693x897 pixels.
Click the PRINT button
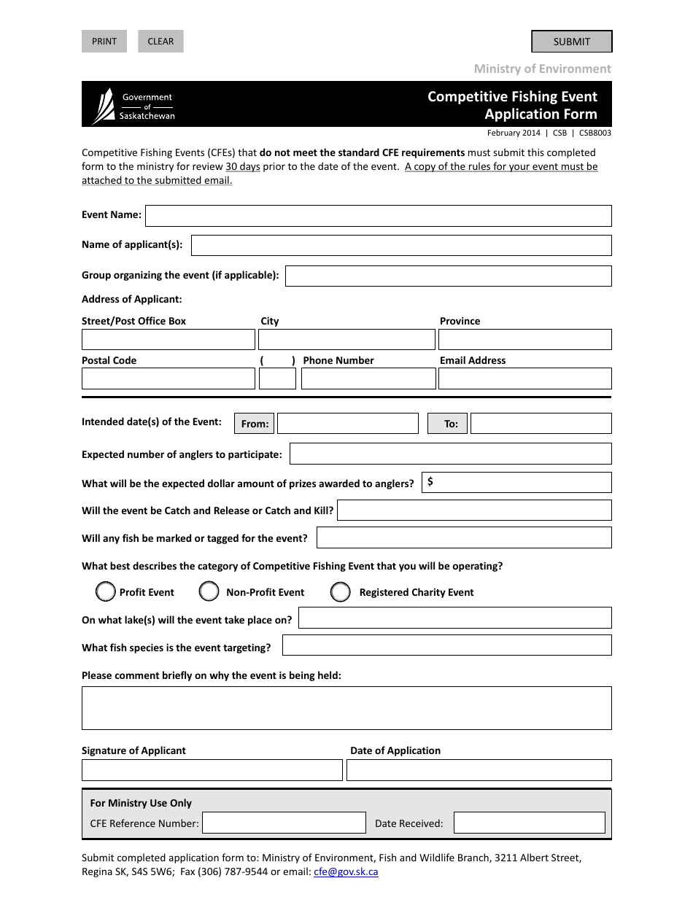click(104, 42)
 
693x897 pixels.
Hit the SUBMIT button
click(571, 42)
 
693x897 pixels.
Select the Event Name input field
click(378, 216)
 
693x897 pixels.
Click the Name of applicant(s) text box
click(400, 246)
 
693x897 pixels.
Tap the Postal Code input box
click(168, 378)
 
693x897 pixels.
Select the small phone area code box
click(277, 378)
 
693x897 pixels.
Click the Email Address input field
click(524, 378)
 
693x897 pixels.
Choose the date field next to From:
click(347, 424)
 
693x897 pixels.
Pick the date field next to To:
click(541, 424)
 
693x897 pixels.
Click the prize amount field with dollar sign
click(517, 483)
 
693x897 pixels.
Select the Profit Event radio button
click(106, 591)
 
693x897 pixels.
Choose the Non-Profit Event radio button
click(209, 591)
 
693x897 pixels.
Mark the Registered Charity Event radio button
click(341, 592)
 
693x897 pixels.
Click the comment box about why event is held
click(346, 708)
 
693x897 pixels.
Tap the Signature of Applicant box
click(212, 770)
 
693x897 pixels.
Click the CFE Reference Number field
click(284, 823)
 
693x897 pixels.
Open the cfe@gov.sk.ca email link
click(346, 871)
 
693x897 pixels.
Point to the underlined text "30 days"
click(243, 166)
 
